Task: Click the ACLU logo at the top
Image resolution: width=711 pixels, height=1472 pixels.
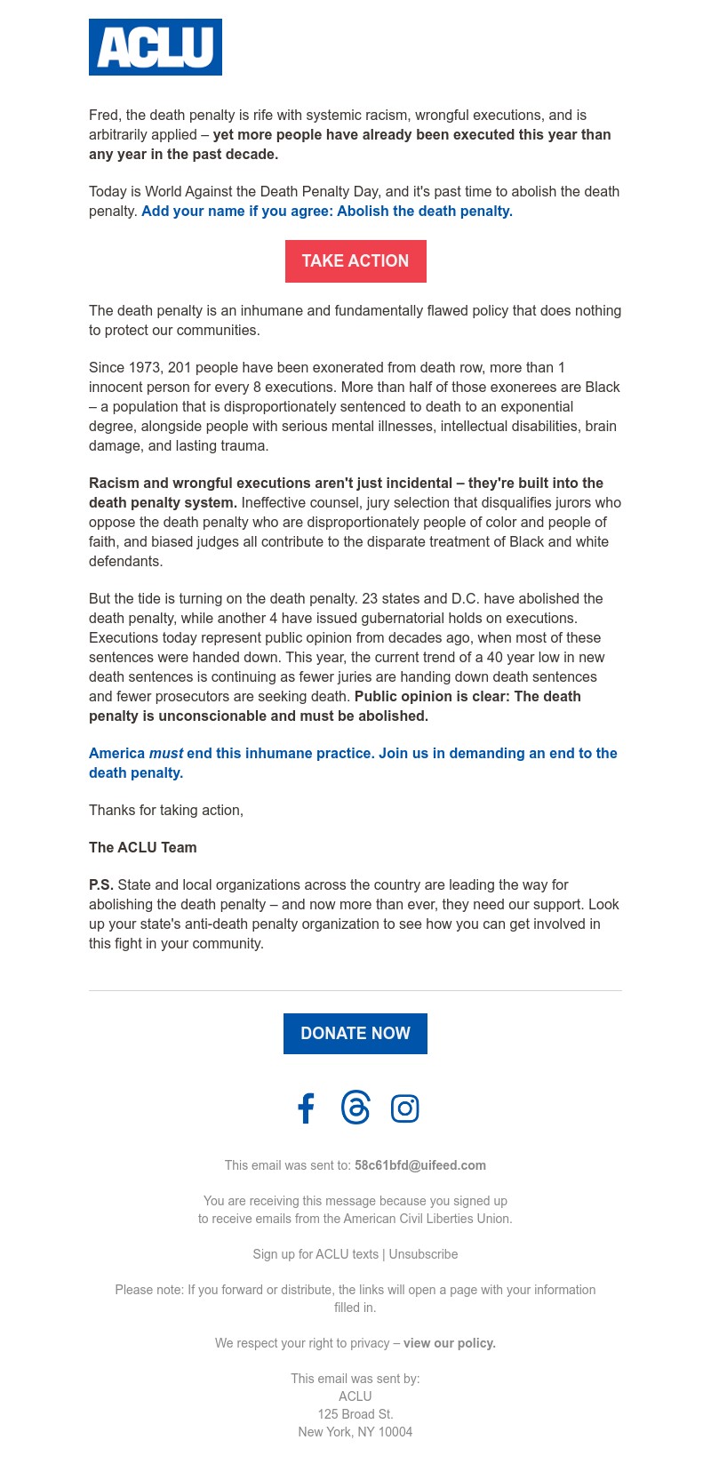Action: (156, 47)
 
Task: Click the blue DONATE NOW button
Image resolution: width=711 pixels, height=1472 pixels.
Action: (355, 1034)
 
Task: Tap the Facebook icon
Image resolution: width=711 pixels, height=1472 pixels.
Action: (306, 1108)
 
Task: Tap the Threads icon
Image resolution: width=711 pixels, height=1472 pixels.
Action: (355, 1108)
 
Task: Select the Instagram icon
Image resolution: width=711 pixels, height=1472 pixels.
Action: (405, 1108)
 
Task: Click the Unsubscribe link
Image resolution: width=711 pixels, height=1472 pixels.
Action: (423, 1254)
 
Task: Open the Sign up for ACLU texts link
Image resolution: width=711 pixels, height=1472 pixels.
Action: (316, 1254)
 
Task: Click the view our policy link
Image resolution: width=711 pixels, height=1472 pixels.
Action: (450, 1343)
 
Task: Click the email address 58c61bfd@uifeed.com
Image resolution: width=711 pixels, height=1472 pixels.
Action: (420, 1165)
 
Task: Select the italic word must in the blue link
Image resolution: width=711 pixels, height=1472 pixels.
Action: (166, 753)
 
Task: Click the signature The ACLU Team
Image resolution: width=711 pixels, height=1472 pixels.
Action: (143, 847)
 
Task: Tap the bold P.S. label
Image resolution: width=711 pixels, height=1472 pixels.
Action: (101, 884)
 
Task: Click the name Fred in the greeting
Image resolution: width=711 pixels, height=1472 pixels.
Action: (103, 115)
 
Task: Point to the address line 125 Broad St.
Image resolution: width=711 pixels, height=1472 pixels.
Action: (355, 1414)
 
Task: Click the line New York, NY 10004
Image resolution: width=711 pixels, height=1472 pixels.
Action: (355, 1432)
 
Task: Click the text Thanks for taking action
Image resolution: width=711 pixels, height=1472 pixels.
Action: (166, 810)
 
